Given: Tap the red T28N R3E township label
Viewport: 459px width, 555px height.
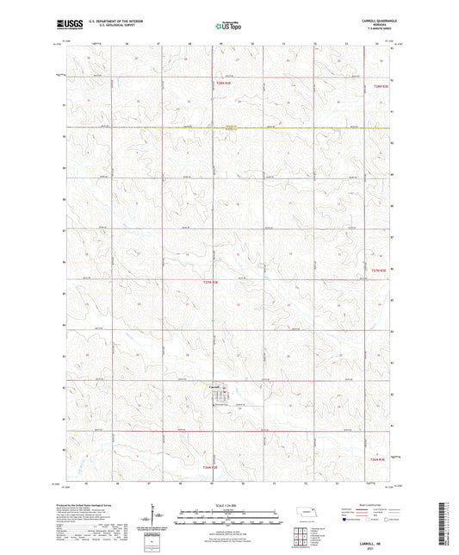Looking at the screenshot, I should click(x=380, y=86).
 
